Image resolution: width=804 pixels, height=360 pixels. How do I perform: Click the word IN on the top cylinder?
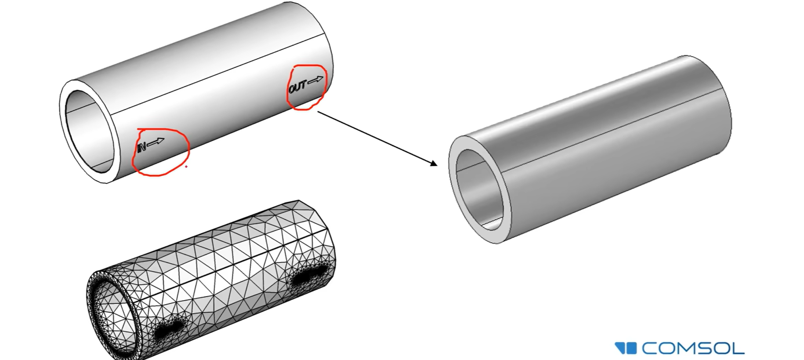(141, 147)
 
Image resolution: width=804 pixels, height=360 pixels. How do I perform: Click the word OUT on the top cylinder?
(297, 87)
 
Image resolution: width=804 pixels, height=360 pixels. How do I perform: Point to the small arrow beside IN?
(156, 142)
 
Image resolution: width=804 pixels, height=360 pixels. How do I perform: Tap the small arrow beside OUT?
(315, 80)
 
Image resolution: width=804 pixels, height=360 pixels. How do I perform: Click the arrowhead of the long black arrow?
(434, 164)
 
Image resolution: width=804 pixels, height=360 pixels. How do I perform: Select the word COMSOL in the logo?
(693, 349)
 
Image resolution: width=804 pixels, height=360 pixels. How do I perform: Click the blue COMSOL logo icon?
(626, 349)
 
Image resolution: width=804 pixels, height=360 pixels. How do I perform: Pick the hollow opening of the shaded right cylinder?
(479, 189)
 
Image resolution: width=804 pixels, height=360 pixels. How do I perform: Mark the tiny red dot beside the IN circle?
(186, 167)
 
